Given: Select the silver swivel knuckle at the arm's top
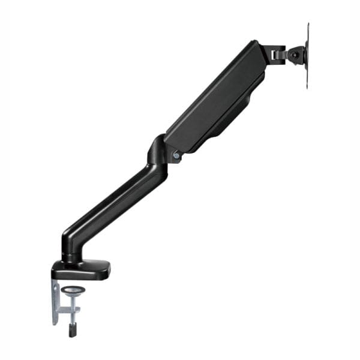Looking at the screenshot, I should point(277,53).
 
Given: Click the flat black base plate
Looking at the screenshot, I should point(81,269).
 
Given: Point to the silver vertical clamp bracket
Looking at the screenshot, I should point(55,300).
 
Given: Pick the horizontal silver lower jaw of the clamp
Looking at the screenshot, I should point(67,311).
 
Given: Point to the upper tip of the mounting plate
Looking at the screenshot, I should point(308,25).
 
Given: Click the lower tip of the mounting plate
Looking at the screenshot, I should point(308,87).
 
